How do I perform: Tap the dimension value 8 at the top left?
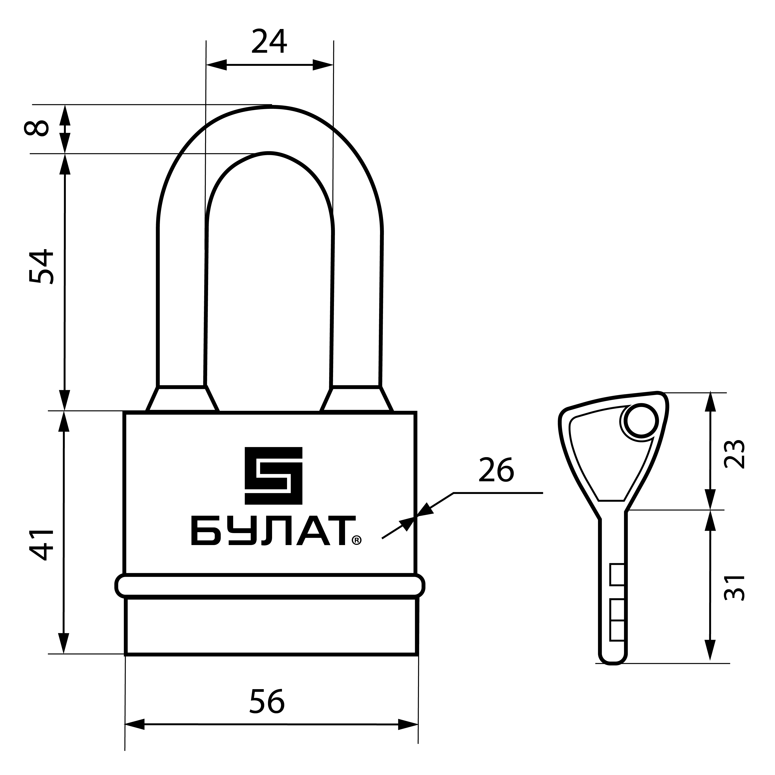[x=37, y=128]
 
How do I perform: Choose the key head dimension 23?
[x=734, y=455]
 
